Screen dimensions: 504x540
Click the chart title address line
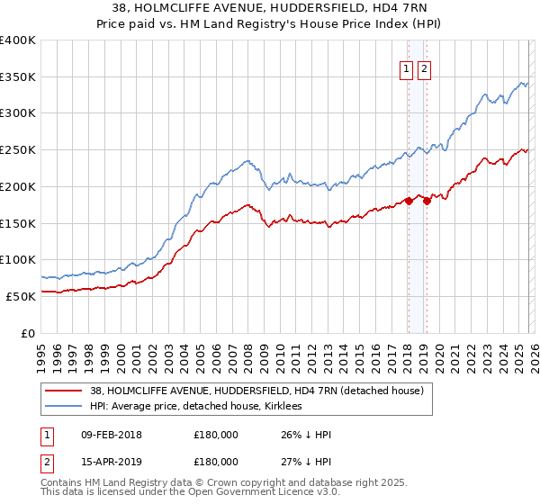click(269, 9)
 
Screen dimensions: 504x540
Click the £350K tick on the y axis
click(18, 77)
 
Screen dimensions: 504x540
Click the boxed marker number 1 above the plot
click(406, 70)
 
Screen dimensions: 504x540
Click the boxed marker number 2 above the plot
click(424, 70)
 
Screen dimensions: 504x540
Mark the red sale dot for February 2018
click(408, 201)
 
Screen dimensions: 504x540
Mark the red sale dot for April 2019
click(427, 201)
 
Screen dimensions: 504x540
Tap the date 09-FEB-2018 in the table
click(111, 435)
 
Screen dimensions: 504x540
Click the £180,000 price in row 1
click(216, 435)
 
